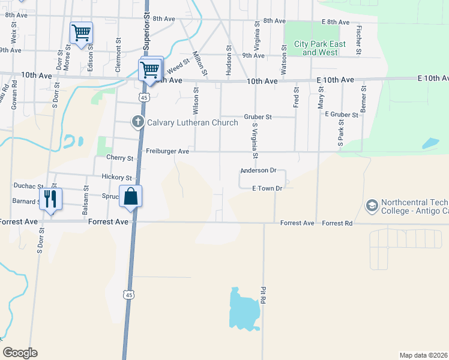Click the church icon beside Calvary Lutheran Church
138,122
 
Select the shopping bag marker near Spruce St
130,196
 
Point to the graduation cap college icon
372,206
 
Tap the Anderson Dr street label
258,170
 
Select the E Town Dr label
267,188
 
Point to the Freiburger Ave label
167,152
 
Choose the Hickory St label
116,178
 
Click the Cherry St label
119,158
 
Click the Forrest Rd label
337,223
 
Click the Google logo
20,353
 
